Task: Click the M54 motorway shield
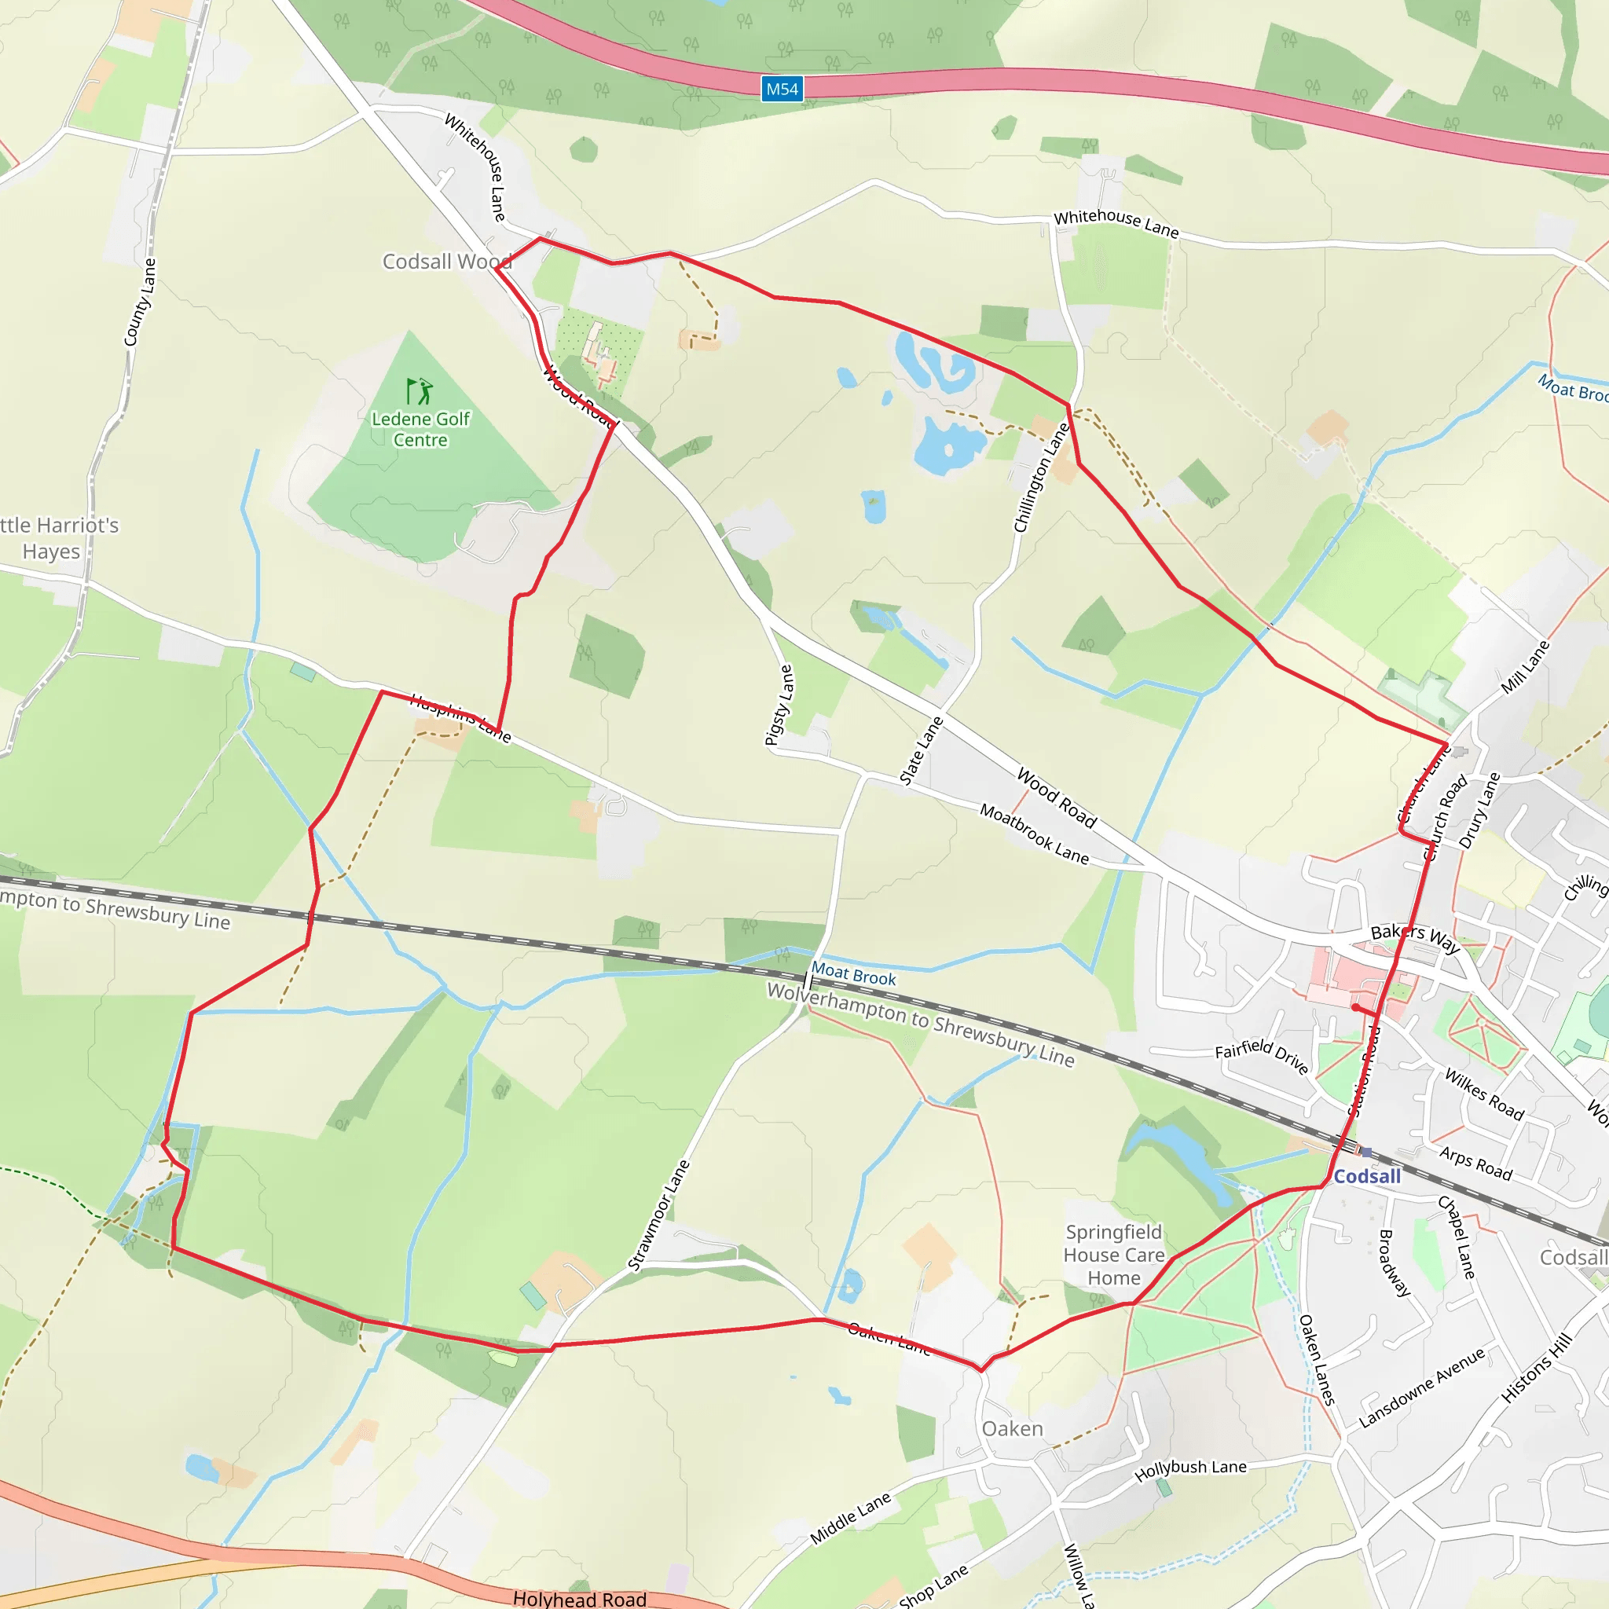tap(782, 89)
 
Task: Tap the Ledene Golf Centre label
tap(420, 430)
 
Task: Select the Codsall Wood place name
tap(446, 262)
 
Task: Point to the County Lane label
tap(139, 302)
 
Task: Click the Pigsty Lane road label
tap(779, 705)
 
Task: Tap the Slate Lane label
tap(921, 750)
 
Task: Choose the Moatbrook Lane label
tap(1034, 834)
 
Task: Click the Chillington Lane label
tap(1041, 478)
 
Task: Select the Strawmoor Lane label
tap(658, 1216)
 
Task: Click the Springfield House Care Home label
tap(1113, 1255)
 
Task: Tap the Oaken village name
tap(1012, 1429)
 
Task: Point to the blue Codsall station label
tap(1367, 1177)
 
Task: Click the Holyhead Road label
tap(580, 1599)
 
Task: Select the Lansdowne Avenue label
tap(1421, 1387)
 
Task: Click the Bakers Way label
tap(1416, 938)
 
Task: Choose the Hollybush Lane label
tap(1190, 1471)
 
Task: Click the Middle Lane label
tap(850, 1518)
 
